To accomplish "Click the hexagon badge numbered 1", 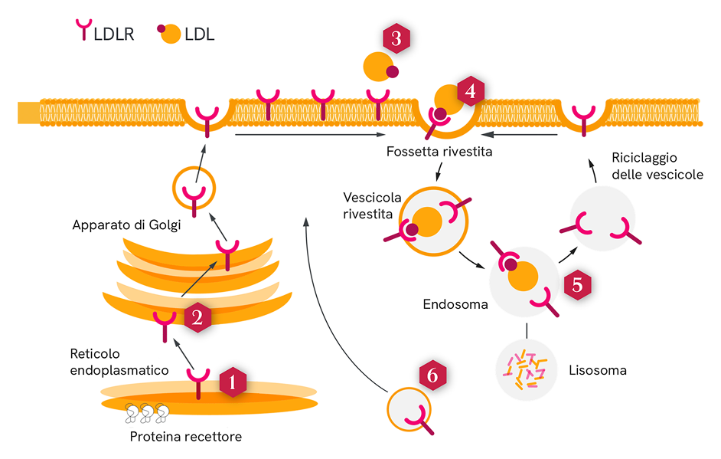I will coord(233,382).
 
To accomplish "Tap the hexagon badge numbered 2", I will coord(197,318).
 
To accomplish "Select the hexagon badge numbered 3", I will coord(396,39).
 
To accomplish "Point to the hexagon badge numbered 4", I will coord(470,91).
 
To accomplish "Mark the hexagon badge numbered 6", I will coord(432,375).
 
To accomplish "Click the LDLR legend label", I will coord(113,34).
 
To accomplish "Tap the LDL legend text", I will coord(200,34).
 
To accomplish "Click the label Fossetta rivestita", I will coord(439,152).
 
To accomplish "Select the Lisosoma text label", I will coord(598,370).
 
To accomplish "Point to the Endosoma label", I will coord(455,304).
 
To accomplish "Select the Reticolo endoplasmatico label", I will coord(119,362).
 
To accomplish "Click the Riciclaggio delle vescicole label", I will coord(657,166).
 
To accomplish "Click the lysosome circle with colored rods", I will coord(526,369).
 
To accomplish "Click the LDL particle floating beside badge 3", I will coord(379,67).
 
